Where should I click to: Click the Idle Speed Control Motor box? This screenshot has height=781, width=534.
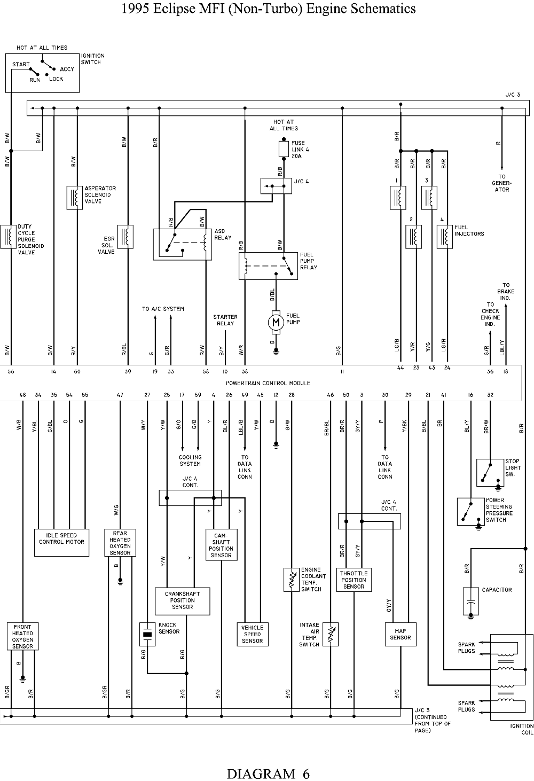tap(61, 543)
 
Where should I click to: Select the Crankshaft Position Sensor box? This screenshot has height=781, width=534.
tap(182, 601)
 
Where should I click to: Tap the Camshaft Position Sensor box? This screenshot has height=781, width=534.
tap(221, 544)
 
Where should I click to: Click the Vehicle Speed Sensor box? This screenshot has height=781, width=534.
tap(253, 635)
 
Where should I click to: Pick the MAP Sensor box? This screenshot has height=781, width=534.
tap(400, 635)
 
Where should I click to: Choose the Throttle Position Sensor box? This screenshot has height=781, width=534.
tap(354, 580)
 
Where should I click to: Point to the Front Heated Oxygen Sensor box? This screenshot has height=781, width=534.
tap(22, 636)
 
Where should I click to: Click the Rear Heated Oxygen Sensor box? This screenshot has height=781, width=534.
tap(120, 543)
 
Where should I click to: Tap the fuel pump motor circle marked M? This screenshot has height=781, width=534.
tap(276, 322)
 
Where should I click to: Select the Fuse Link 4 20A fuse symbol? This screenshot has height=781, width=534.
tap(284, 149)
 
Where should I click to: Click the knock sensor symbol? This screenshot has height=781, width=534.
tap(147, 635)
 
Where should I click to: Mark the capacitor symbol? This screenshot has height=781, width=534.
tap(470, 601)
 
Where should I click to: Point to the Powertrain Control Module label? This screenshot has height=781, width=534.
tap(268, 383)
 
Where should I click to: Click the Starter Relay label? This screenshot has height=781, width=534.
tap(225, 320)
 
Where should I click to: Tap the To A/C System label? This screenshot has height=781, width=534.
tap(163, 309)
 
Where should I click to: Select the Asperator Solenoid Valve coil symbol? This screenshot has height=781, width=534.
tap(75, 198)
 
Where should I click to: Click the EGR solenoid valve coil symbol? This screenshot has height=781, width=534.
tap(125, 237)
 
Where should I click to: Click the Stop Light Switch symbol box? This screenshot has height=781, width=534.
tap(490, 472)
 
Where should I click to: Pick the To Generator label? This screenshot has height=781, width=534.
tap(501, 183)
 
